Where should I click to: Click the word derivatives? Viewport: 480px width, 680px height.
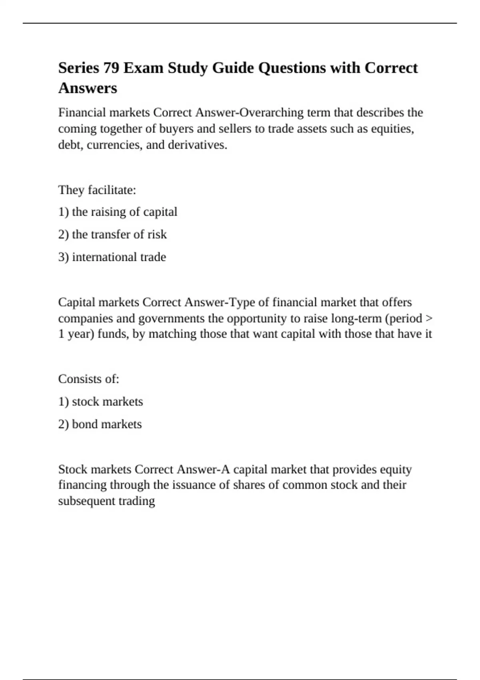click(198, 145)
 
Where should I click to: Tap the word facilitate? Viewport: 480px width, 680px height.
click(112, 190)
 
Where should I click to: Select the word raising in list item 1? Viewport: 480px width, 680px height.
click(104, 212)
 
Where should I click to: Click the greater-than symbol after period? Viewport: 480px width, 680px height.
click(429, 318)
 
